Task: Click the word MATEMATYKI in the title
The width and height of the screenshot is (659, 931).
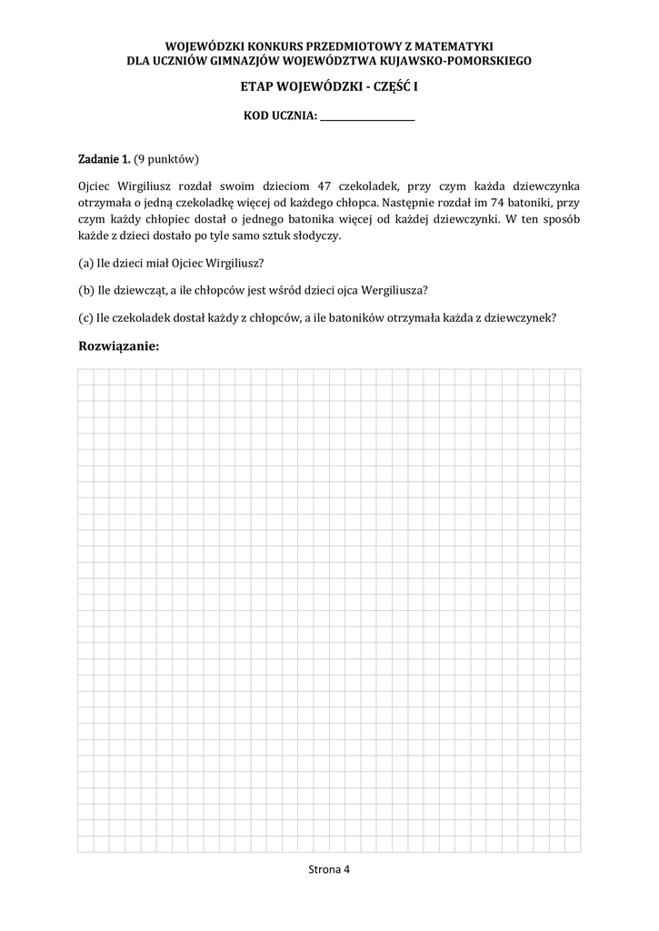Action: pos(452,45)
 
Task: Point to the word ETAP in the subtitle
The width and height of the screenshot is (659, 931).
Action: pos(257,86)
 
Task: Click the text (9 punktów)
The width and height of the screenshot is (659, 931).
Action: pos(166,159)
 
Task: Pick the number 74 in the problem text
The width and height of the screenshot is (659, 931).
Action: pos(494,202)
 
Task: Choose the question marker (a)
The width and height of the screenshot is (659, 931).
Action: pos(86,264)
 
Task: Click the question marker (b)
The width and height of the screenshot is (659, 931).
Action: pos(86,290)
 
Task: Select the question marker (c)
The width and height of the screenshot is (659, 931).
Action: pos(86,317)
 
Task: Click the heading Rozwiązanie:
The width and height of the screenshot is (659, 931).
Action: pos(119,346)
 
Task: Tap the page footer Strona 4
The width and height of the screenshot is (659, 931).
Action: pos(329,869)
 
